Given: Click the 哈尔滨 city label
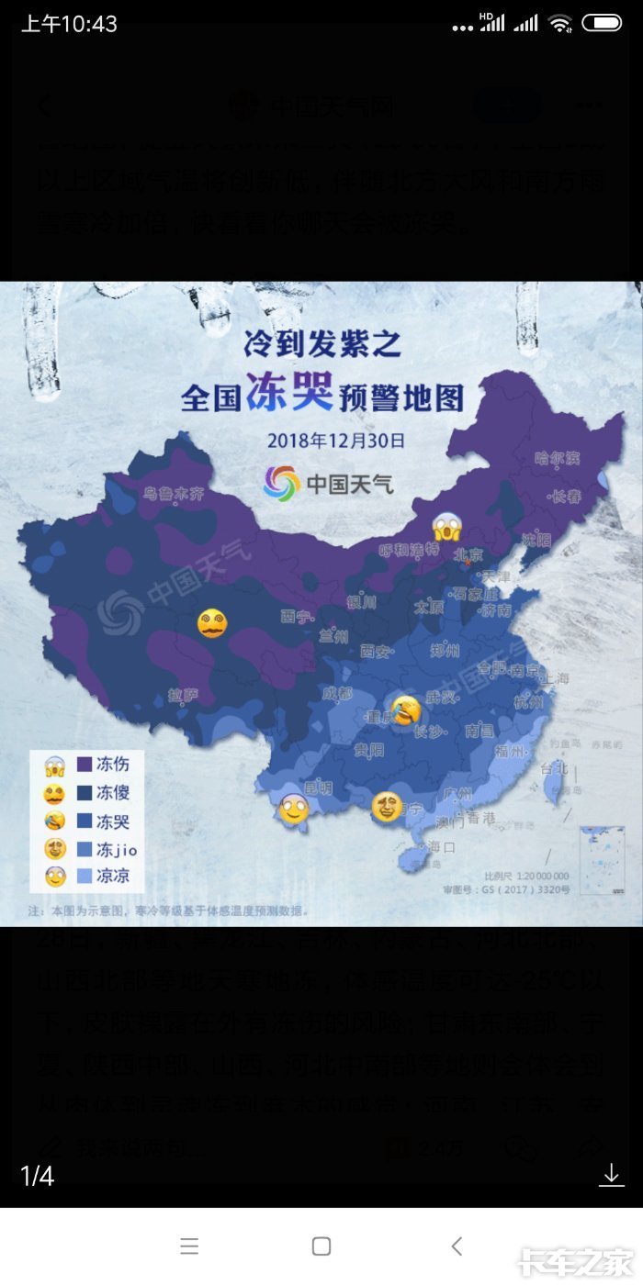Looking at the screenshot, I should pos(558,458).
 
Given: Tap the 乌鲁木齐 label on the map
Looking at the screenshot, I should pos(174,494).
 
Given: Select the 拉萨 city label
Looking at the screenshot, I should pos(183,695).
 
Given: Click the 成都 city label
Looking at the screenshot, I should pos(337,694).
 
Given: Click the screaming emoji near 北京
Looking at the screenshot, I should pos(447,528).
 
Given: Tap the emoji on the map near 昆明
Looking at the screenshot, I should pos(293,808).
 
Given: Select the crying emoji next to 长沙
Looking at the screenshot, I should pos(406,710).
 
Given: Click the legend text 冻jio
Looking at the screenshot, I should pos(117,850).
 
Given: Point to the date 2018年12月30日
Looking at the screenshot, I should pos(336,440).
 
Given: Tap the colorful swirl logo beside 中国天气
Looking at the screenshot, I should pos(281,483).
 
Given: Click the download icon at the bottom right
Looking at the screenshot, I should pos(611,1175).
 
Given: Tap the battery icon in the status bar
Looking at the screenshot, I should pos(602,23).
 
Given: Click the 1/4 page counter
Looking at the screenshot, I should pos(37,1176).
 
